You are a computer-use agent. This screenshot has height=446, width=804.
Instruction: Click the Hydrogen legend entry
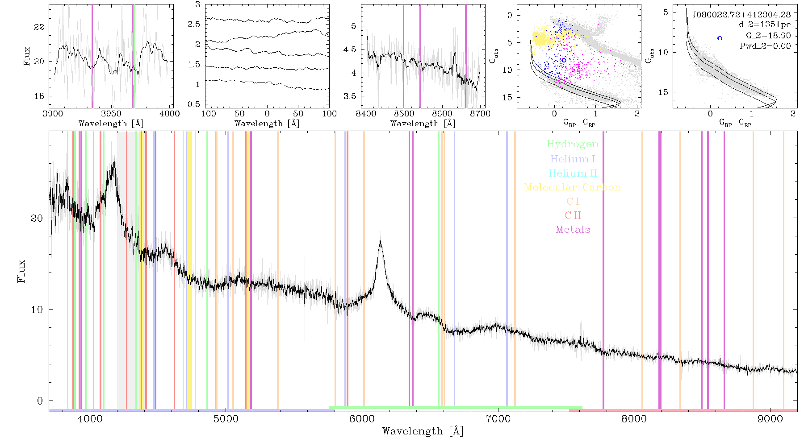click(x=572, y=145)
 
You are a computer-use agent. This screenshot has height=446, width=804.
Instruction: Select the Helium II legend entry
click(x=572, y=173)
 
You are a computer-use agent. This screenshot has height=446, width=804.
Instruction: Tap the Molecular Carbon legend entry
click(x=572, y=187)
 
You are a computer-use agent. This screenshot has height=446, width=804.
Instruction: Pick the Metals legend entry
click(x=573, y=230)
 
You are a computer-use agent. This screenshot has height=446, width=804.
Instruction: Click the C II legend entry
click(x=573, y=215)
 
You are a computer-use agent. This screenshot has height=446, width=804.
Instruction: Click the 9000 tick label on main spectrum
click(x=770, y=419)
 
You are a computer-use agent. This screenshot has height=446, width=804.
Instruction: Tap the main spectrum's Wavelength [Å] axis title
click(x=423, y=431)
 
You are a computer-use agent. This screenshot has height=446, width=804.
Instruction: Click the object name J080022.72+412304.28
click(x=741, y=15)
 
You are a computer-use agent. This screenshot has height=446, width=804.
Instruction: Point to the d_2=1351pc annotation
click(x=765, y=25)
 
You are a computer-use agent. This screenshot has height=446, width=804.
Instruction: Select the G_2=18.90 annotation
click(x=768, y=36)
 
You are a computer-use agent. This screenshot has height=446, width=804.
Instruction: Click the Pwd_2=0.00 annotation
click(x=765, y=46)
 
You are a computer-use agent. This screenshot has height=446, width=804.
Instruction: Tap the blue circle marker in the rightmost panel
click(x=720, y=38)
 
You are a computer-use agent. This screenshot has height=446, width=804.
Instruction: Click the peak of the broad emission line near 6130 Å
click(x=380, y=241)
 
